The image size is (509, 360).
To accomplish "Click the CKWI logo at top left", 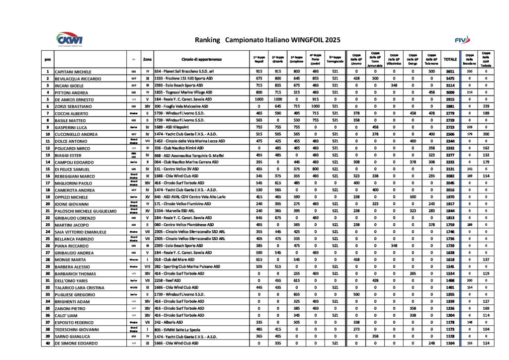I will tap(70, 38).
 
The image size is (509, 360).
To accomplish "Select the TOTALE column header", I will tap(450, 59).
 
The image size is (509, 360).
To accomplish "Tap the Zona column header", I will tap(147, 59).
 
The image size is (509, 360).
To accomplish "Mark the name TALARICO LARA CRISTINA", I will tap(80, 288).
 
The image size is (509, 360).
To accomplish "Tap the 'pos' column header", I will tap(48, 59).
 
